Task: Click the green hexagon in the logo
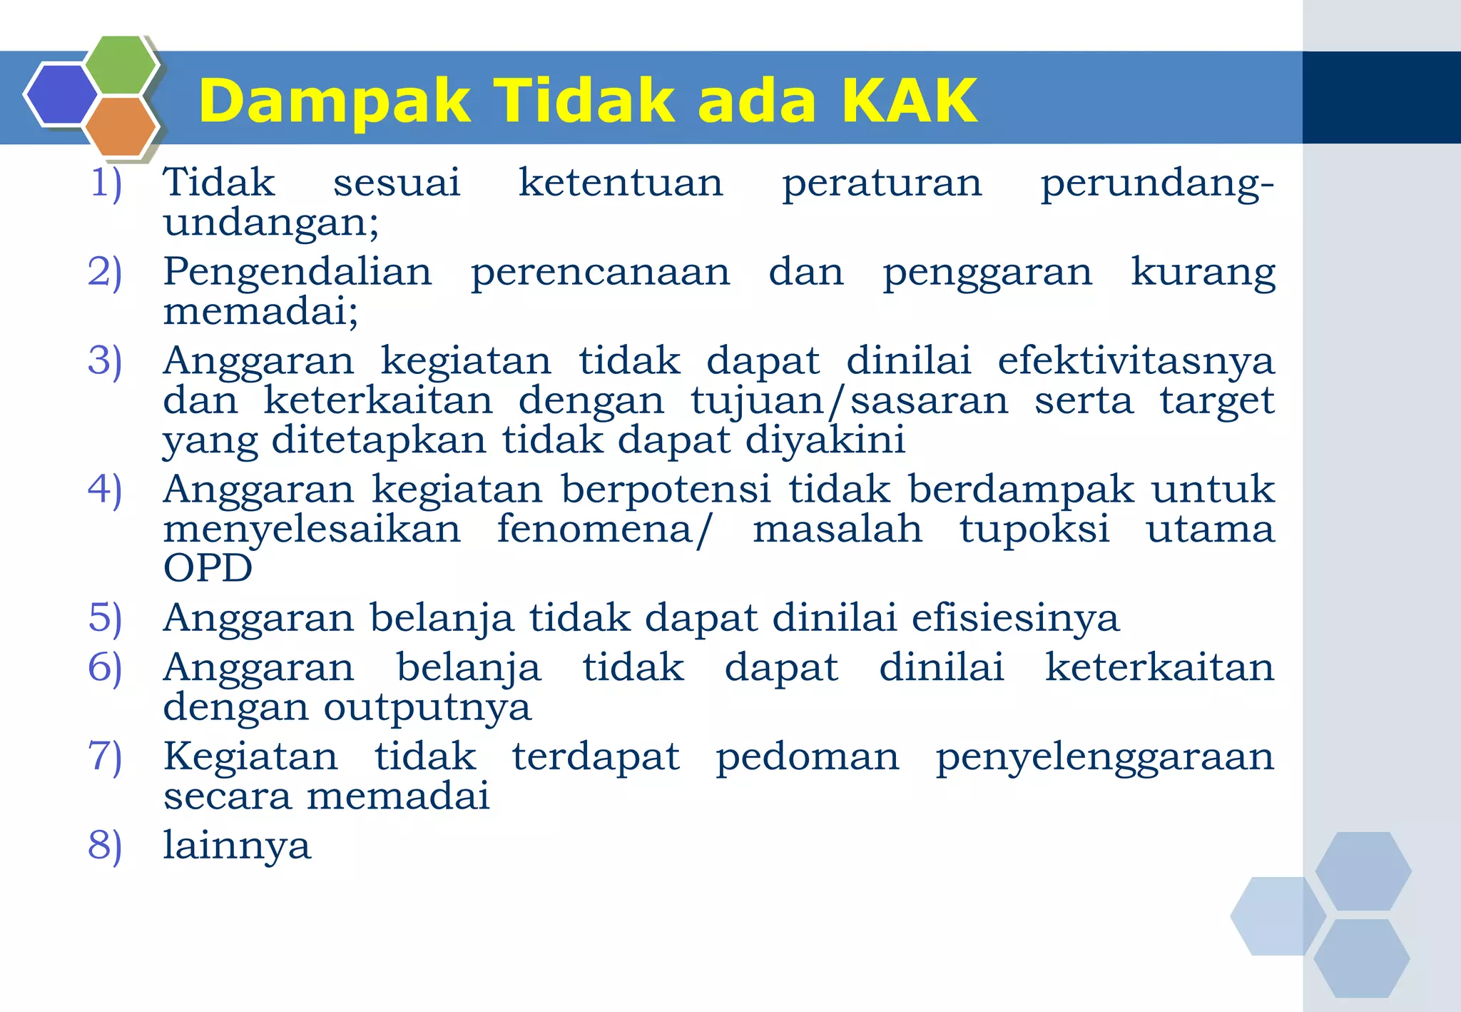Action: point(121,65)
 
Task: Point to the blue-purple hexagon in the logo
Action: point(61,94)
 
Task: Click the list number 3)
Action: point(105,360)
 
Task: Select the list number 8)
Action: point(105,846)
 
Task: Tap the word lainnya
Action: point(237,846)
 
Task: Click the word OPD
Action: point(208,568)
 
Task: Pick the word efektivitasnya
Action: point(1136,360)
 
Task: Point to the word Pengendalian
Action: point(297,272)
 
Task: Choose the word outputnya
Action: point(427,708)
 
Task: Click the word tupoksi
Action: point(1034,530)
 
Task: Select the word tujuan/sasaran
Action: point(849,400)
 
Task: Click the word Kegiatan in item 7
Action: point(250,757)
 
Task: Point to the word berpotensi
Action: point(666,490)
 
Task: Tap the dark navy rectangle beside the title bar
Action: point(1381,97)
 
